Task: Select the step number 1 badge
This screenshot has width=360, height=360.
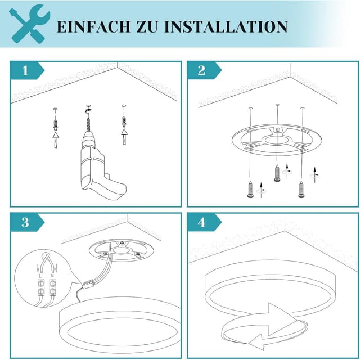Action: (25, 71)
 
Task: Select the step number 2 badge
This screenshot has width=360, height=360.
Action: (202, 71)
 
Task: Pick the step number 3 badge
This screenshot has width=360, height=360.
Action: (25, 222)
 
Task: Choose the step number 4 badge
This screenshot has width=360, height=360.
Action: (202, 222)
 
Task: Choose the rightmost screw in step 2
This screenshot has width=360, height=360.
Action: (302, 189)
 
